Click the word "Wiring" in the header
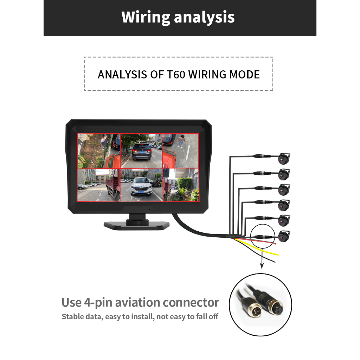[x=145, y=17]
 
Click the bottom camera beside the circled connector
[x=284, y=236]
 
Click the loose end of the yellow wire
[x=277, y=254]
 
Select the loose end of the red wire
[x=274, y=243]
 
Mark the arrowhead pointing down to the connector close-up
[x=262, y=266]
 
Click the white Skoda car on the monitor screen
[x=141, y=187]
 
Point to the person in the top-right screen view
[x=181, y=141]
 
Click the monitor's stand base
[x=137, y=225]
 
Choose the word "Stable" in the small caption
[x=73, y=317]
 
